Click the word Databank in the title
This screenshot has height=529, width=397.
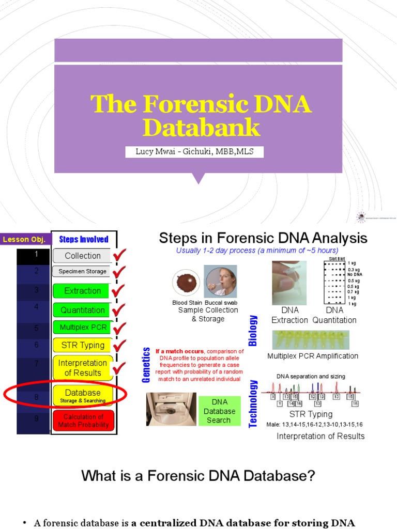(x=201, y=128)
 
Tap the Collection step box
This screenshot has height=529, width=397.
(x=82, y=256)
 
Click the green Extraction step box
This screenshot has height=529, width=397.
(x=82, y=291)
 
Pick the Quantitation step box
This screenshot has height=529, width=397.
(x=82, y=310)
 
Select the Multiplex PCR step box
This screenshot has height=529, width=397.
(x=82, y=328)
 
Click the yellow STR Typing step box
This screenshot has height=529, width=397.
(x=82, y=345)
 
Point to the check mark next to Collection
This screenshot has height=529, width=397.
(x=120, y=255)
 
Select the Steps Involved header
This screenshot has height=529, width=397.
(x=83, y=239)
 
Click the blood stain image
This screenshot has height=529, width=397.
(x=186, y=283)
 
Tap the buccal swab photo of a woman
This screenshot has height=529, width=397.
(x=220, y=282)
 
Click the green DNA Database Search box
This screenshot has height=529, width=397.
(x=219, y=411)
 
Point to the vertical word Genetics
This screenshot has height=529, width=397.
(x=146, y=365)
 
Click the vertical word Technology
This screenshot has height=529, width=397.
(x=253, y=403)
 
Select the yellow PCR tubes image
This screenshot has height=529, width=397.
(x=310, y=340)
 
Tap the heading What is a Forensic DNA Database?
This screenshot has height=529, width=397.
(x=198, y=476)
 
